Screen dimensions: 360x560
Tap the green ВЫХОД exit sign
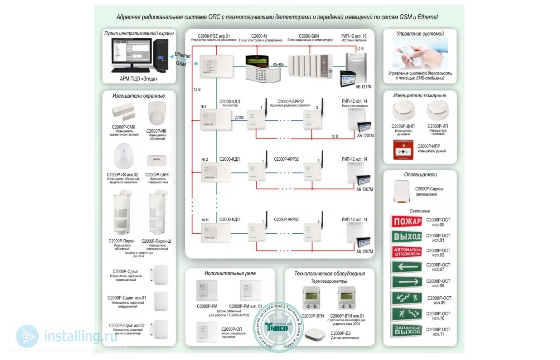tap(406, 237)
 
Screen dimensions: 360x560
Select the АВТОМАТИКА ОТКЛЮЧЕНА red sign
tap(406, 252)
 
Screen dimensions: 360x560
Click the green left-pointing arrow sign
tap(406, 267)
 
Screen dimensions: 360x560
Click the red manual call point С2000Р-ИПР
tap(403, 150)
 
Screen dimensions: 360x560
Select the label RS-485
tap(278, 64)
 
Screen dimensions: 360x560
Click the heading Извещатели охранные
tap(138, 96)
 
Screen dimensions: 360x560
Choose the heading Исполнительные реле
tap(230, 273)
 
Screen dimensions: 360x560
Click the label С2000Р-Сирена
tap(429, 189)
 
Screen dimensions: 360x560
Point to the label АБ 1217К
tap(363, 87)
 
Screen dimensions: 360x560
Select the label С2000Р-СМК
tap(123, 127)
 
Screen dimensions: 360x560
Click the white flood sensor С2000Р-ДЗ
tap(315, 334)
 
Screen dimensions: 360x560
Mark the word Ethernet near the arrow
tap(182, 55)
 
